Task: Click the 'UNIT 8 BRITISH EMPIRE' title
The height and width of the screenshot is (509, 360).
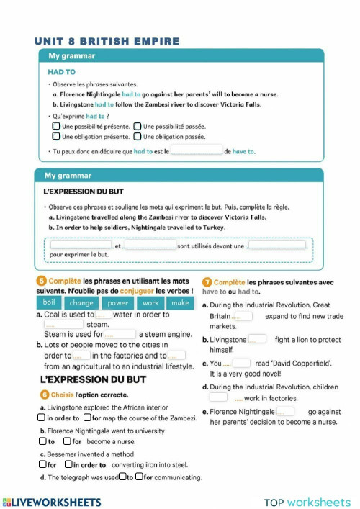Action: pos(107,42)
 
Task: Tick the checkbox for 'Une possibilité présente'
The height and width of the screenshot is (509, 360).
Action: pos(56,126)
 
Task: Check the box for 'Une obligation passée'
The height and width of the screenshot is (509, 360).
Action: pos(138,136)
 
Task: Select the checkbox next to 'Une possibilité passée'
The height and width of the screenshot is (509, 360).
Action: pos(138,126)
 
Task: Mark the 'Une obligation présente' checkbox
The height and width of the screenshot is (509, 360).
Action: pos(56,136)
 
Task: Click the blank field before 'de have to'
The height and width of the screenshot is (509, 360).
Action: pos(196,151)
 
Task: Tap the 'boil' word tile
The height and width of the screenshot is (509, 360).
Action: pos(48,303)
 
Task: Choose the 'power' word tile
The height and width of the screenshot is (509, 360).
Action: pos(118,303)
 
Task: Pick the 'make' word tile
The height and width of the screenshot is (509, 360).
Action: pos(180,303)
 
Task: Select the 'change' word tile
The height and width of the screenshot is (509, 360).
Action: pos(82,303)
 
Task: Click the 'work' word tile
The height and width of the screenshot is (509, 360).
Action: pos(150,303)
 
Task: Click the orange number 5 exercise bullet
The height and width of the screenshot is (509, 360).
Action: pos(40,281)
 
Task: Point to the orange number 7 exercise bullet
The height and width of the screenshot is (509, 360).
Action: pos(207,283)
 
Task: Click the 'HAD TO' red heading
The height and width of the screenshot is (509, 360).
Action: pos(61,72)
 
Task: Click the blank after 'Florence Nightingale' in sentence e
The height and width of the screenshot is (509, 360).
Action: pos(286,412)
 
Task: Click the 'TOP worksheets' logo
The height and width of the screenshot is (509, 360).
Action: pos(307,502)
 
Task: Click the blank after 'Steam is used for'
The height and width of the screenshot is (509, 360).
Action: pos(120,334)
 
